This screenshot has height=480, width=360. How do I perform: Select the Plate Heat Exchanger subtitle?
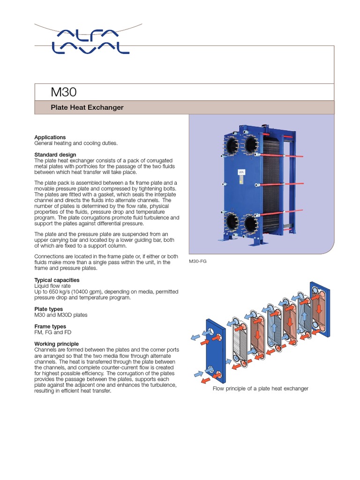point(87,107)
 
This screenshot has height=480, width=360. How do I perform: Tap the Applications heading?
point(50,137)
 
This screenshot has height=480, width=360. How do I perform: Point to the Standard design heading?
point(55,155)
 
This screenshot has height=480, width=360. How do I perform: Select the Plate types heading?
point(48,309)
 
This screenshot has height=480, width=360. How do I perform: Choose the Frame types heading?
point(50,326)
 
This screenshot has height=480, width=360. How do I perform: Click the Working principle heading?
point(57,344)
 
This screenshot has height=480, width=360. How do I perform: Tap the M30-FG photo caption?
point(197,261)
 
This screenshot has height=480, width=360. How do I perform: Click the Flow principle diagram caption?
point(261,389)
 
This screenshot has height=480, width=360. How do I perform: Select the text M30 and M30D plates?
point(61,315)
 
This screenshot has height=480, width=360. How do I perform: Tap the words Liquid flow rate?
point(53,285)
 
